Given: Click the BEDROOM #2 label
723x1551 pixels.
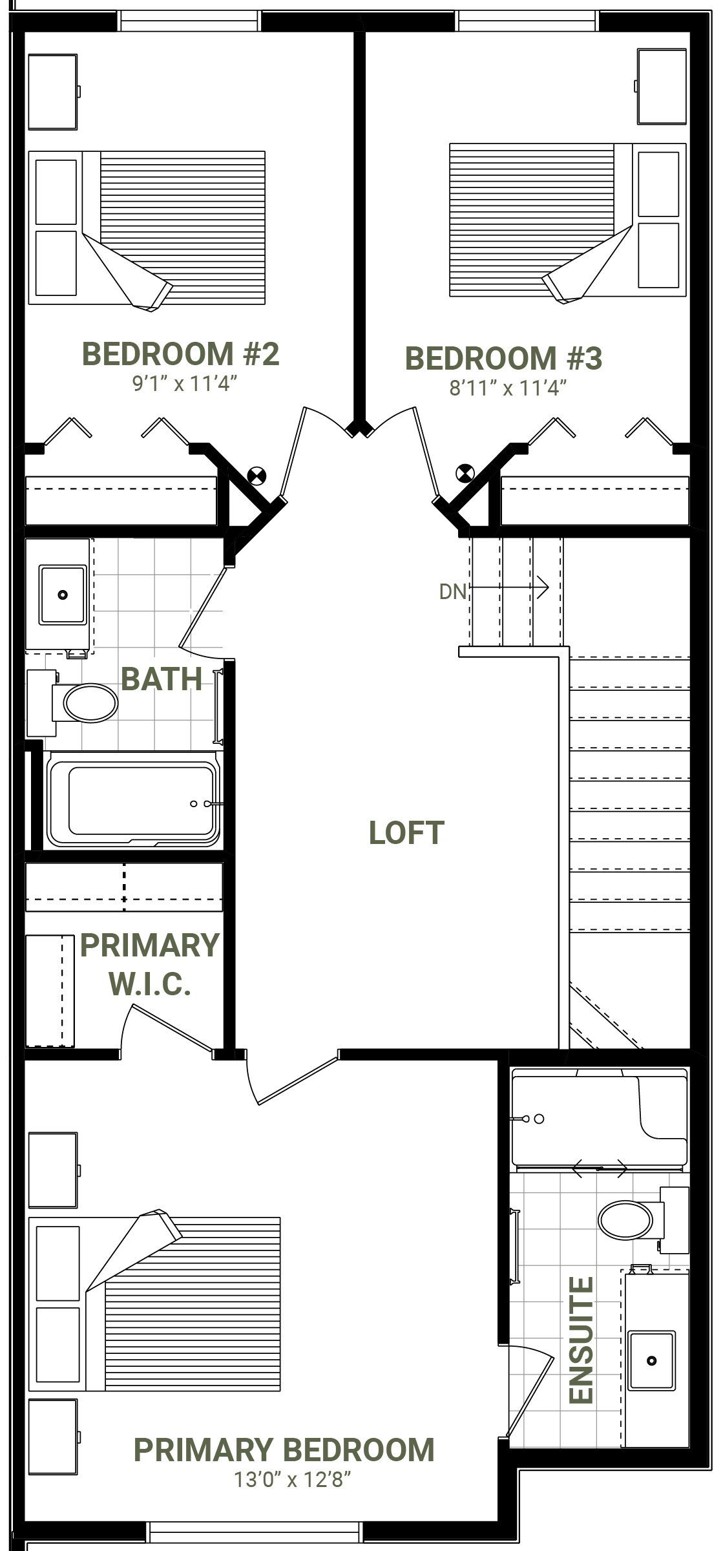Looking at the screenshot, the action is coord(181,354).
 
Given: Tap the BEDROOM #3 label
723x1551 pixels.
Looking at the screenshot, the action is coord(503,359).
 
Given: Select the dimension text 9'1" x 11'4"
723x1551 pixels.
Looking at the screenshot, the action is coord(185,384).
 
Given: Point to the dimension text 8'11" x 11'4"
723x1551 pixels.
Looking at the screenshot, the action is coord(508,388).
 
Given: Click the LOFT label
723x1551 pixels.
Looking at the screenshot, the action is coord(406,833).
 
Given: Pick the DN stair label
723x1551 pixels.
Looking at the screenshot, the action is coord(452,591).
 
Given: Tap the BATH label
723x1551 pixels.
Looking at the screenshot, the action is coord(162,679).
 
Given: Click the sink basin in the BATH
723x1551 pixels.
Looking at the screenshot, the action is coord(63,595).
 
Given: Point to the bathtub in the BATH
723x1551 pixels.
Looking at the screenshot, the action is coord(134,799).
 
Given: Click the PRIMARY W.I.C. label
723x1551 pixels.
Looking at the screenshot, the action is coord(150,964).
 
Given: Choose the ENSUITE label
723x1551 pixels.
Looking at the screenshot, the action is coord(581,1340).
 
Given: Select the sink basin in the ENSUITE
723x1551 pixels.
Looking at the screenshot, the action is coord(652,1360).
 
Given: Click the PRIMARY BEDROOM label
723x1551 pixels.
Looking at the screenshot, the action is coord(284,1450).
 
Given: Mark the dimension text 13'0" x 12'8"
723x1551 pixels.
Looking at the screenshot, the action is coord(292,1479).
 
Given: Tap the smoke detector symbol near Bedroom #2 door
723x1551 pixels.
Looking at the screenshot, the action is coord(257,476).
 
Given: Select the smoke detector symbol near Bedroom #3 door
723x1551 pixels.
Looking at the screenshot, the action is coord(465,473).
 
